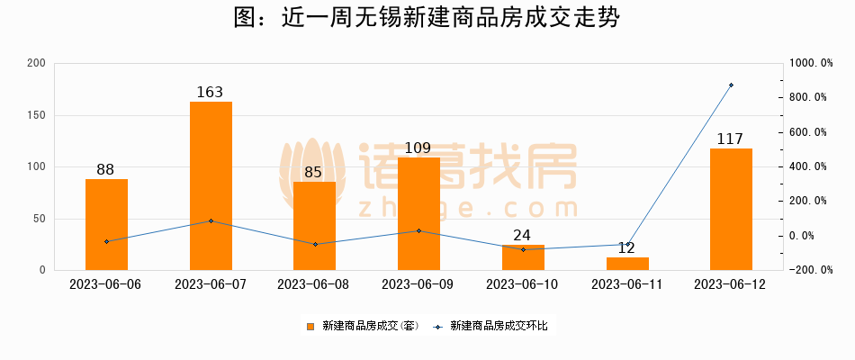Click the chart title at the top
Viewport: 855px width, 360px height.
click(427, 18)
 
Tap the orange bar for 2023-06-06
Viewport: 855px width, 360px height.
click(106, 224)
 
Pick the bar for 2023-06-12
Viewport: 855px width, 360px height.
click(731, 209)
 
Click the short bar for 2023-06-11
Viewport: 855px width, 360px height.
click(627, 264)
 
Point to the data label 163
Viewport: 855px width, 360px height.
click(210, 92)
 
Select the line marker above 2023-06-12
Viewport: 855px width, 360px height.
click(731, 85)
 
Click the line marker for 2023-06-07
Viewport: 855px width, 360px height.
click(211, 220)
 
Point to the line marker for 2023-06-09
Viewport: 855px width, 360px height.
click(418, 230)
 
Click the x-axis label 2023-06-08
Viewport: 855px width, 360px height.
click(314, 284)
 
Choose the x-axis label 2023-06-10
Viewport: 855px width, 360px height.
click(523, 284)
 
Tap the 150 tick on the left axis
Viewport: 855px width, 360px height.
click(36, 115)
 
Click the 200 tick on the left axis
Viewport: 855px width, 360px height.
click(36, 63)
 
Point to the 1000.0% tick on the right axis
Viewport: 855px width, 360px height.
click(807, 63)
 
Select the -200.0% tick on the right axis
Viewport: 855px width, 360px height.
click(807, 270)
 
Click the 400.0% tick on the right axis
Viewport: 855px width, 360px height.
click(807, 166)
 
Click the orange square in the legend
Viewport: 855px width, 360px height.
click(310, 326)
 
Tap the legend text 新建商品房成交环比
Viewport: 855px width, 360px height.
click(499, 326)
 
